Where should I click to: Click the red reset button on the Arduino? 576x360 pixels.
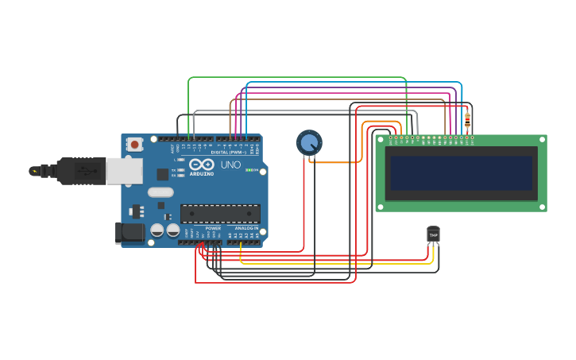[x=135, y=145]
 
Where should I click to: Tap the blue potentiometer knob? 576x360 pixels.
[x=309, y=143]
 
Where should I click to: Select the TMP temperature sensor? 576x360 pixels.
[x=433, y=235]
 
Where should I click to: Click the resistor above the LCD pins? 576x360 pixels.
[x=467, y=121]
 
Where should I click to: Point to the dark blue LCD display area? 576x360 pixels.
[x=461, y=172]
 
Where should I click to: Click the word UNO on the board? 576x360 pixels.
[x=230, y=165]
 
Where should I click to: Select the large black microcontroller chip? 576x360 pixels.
[x=220, y=213]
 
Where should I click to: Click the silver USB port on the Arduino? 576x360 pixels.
[x=125, y=171]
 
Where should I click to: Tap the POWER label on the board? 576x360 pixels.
[x=213, y=228]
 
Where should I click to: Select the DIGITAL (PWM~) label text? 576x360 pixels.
[x=229, y=152]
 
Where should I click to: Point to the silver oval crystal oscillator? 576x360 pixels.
[x=160, y=192]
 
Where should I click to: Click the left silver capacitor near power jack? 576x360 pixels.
[x=157, y=230]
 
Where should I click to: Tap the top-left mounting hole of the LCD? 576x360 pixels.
[x=381, y=139]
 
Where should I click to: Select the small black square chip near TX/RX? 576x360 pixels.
[x=162, y=174]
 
